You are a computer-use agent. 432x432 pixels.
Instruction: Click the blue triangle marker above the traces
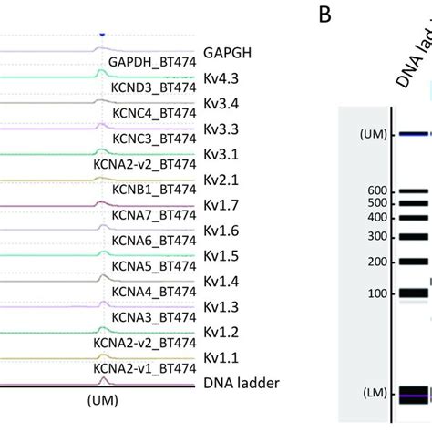[102, 35]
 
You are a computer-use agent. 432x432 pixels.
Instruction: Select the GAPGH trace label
[228, 54]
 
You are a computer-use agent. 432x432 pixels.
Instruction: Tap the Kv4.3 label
[221, 78]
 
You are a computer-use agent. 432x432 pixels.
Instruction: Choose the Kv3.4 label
[221, 104]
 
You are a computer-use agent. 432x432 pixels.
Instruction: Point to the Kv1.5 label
[221, 256]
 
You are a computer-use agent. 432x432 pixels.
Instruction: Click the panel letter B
[324, 15]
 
